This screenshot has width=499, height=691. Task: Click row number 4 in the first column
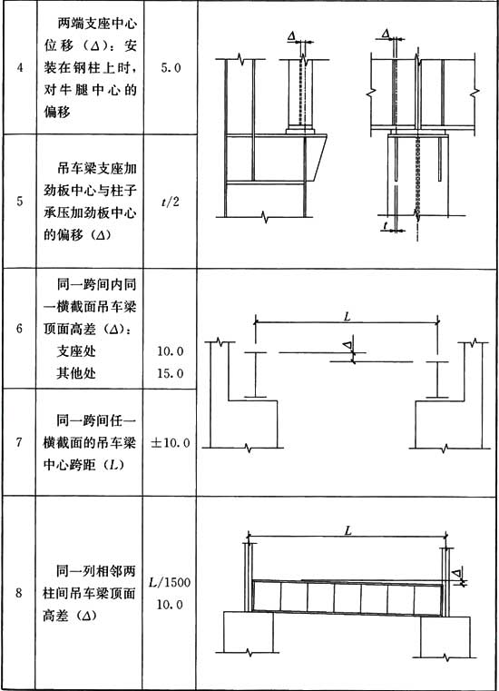click(x=20, y=68)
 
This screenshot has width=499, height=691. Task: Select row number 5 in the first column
click(x=20, y=202)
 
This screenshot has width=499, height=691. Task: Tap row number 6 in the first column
click(x=19, y=329)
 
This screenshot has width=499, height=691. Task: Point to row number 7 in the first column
click(x=19, y=442)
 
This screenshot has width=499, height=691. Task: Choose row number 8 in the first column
click(x=19, y=593)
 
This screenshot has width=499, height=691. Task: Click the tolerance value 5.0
click(x=171, y=68)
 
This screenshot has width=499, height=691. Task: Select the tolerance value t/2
click(x=171, y=202)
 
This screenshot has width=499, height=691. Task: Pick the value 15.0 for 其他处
click(x=171, y=373)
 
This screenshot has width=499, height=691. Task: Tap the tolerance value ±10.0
click(x=171, y=442)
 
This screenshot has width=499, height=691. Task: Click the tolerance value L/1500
click(x=170, y=582)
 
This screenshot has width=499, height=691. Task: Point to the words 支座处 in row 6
click(x=76, y=351)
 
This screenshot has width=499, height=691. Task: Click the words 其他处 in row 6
click(x=76, y=373)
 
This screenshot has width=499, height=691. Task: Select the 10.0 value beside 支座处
click(x=171, y=351)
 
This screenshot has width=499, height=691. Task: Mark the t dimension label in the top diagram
click(x=386, y=225)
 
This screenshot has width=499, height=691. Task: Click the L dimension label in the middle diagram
click(x=347, y=316)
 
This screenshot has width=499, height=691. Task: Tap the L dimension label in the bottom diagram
click(x=347, y=530)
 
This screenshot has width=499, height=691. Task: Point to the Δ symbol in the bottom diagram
click(x=456, y=573)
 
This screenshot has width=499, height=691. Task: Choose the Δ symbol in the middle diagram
click(x=347, y=344)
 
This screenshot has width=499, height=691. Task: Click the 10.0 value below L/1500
click(x=170, y=604)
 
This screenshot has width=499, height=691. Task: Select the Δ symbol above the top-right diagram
click(x=386, y=34)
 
